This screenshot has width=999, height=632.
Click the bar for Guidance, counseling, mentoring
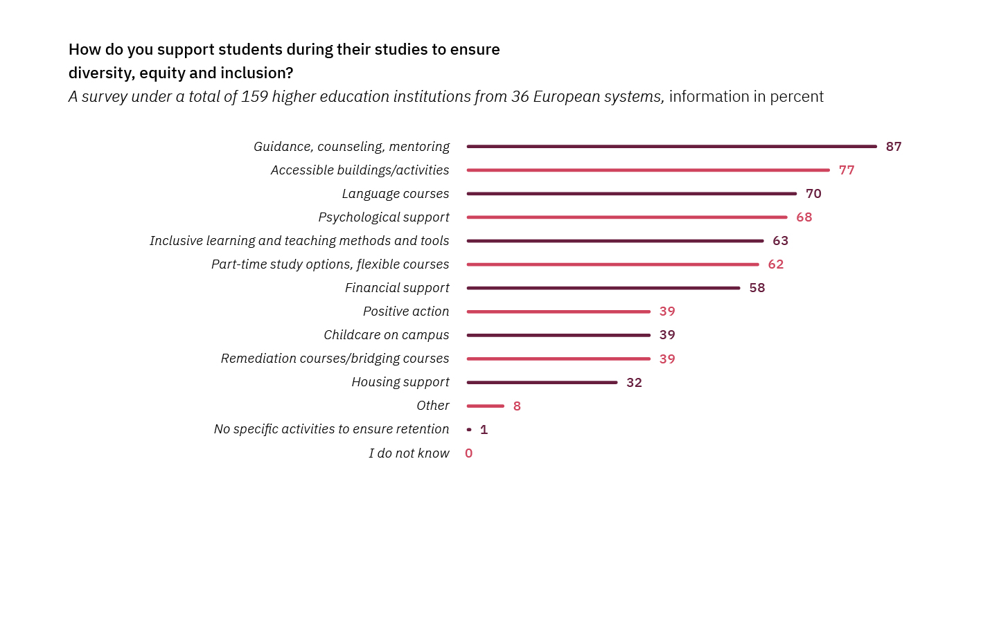tap(671, 147)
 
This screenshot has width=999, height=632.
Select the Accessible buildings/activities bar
tap(648, 170)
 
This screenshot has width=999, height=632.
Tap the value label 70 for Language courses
tap(813, 194)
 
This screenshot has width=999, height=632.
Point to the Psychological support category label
tap(384, 217)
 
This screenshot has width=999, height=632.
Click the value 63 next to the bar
tap(780, 241)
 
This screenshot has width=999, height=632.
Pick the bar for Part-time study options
tap(612, 264)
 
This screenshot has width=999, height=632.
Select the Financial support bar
tap(603, 288)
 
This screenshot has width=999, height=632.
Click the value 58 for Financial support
tap(757, 288)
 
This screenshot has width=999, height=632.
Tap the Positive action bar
tap(558, 312)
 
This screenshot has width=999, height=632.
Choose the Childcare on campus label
tap(386, 335)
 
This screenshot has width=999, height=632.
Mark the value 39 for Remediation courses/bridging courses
tap(666, 359)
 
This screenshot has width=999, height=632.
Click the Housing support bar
tap(542, 382)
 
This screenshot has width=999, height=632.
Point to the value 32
tap(634, 383)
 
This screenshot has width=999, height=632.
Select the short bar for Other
tap(485, 406)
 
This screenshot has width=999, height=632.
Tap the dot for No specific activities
tap(469, 430)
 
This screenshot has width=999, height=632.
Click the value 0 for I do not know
tap(469, 453)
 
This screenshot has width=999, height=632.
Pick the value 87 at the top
tap(893, 147)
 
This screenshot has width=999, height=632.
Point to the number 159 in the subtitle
tap(254, 97)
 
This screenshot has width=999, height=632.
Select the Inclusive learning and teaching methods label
tap(299, 241)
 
